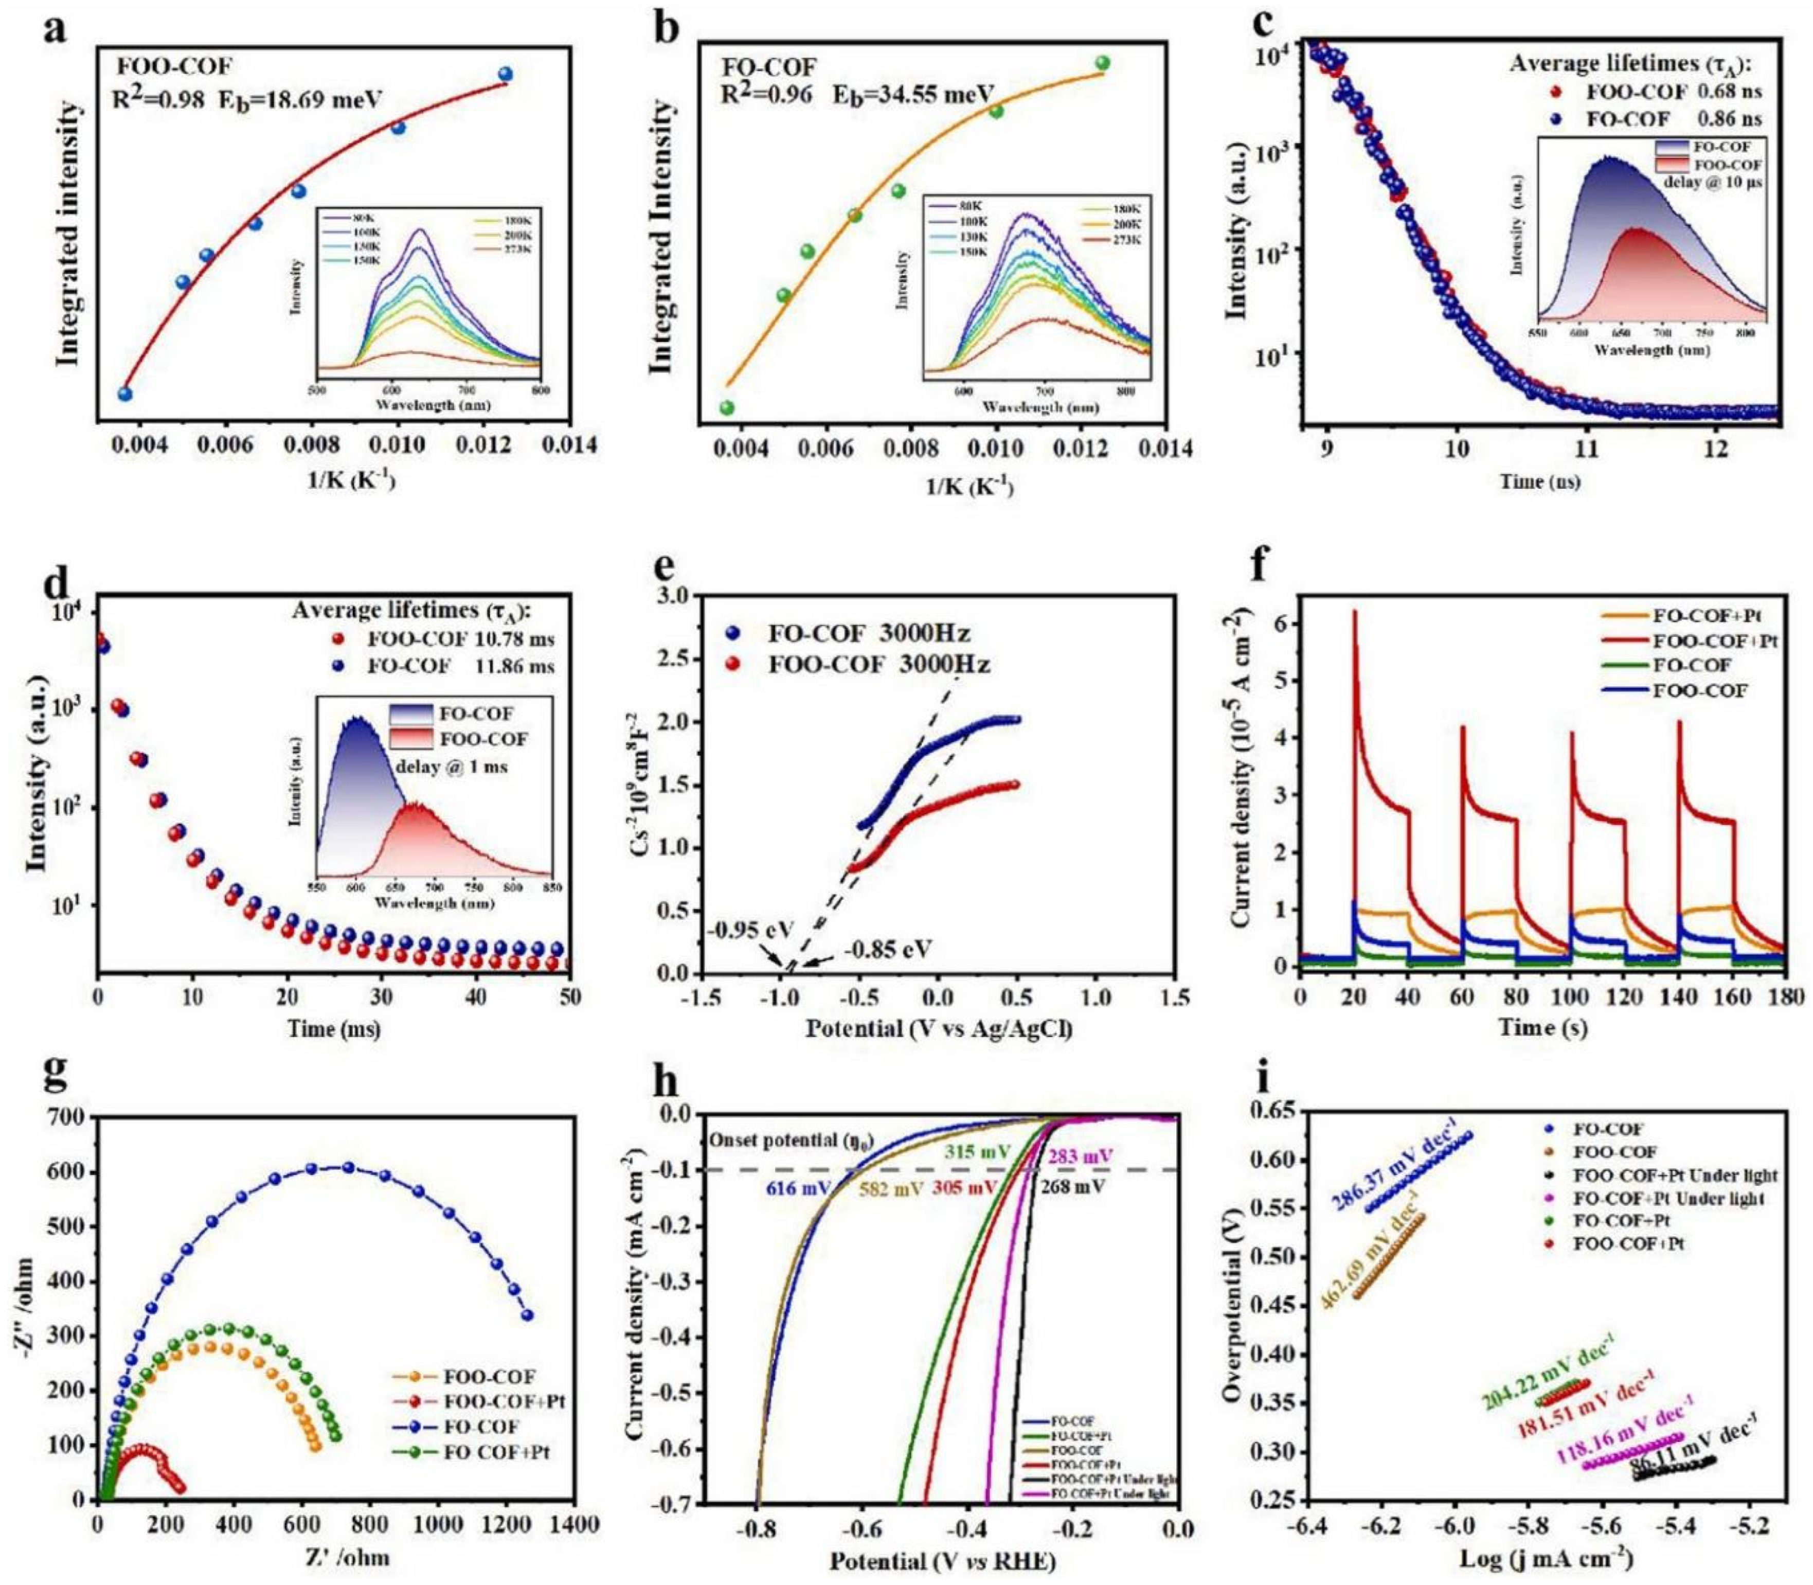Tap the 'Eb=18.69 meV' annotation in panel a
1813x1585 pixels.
[313, 99]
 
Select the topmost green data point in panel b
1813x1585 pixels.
[1102, 63]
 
